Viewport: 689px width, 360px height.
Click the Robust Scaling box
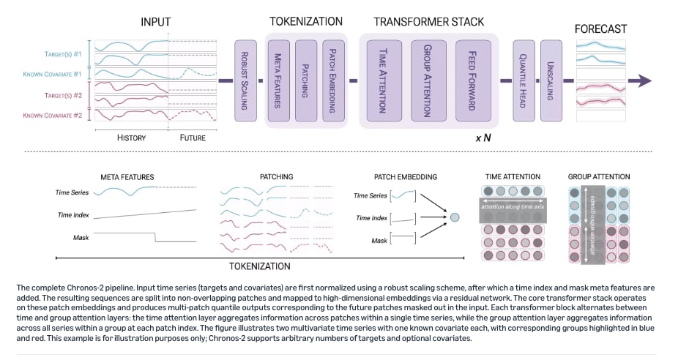[x=245, y=80]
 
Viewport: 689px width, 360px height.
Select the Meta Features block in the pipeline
[x=278, y=80]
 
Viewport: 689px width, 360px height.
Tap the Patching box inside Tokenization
[x=306, y=80]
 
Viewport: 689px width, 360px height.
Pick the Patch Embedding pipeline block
[x=333, y=80]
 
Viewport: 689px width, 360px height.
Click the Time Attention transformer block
[x=384, y=80]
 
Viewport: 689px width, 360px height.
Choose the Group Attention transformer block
[x=429, y=80]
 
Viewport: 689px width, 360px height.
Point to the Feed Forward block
[x=473, y=80]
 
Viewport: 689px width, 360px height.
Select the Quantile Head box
[x=524, y=80]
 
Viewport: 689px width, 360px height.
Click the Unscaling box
[x=551, y=80]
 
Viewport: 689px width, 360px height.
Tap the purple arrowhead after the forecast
[x=644, y=80]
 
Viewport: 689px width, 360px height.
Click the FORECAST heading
[x=600, y=29]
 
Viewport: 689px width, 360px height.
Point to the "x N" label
[x=483, y=138]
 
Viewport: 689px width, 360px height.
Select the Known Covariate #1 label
[x=52, y=74]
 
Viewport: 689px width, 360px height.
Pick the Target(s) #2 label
[x=63, y=95]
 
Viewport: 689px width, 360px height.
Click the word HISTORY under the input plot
[x=131, y=138]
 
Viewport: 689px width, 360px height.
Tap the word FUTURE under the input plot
[x=193, y=138]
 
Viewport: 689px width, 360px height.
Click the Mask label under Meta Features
[x=81, y=238]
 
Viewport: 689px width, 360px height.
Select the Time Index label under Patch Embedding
[x=372, y=218]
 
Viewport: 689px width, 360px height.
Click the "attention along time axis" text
[x=513, y=206]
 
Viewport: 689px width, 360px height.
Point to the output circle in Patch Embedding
[x=455, y=217]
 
